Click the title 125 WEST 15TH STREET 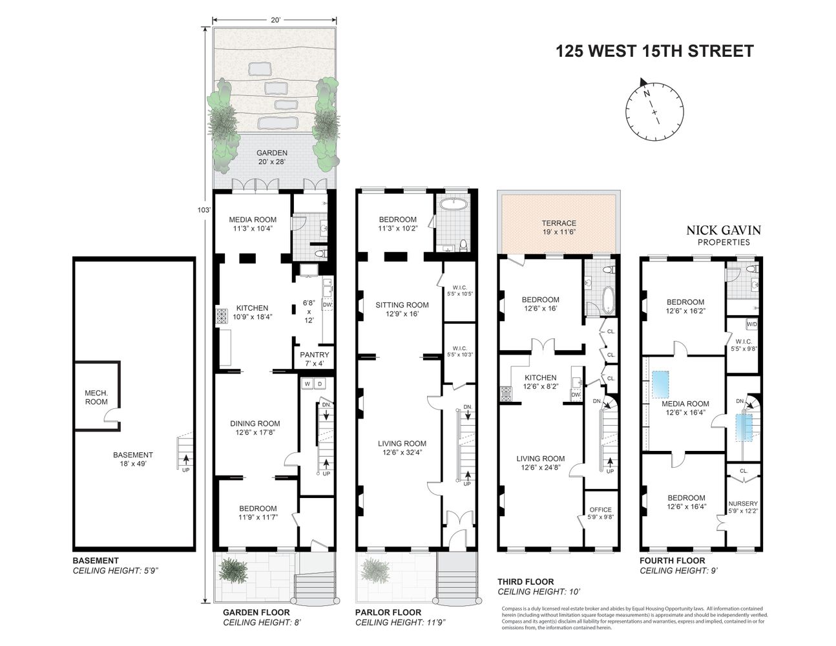coord(654,51)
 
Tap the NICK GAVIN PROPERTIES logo coord(723,235)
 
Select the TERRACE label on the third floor coord(559,224)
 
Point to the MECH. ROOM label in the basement coord(96,397)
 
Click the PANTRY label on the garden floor coord(315,355)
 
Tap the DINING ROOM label coord(255,424)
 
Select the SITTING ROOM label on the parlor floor coord(402,305)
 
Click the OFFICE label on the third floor coord(600,510)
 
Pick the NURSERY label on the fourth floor coord(743,503)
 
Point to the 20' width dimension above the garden coord(275,20)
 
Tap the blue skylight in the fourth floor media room coord(661,384)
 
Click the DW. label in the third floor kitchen coord(576,394)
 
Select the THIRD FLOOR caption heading coord(525,582)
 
